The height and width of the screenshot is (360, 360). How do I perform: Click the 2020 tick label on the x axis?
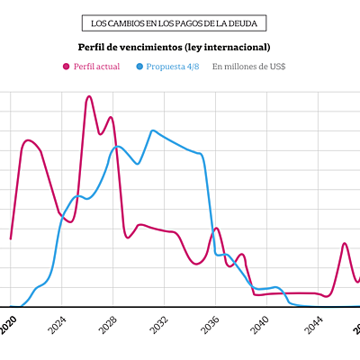[x=8, y=324]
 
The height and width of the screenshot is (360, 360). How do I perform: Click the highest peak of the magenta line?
[x=88, y=96]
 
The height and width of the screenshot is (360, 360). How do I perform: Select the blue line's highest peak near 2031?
[x=152, y=130]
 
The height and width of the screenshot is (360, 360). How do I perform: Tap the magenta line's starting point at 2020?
[x=11, y=238]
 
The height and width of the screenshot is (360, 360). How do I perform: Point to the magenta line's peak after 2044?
[x=345, y=243]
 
